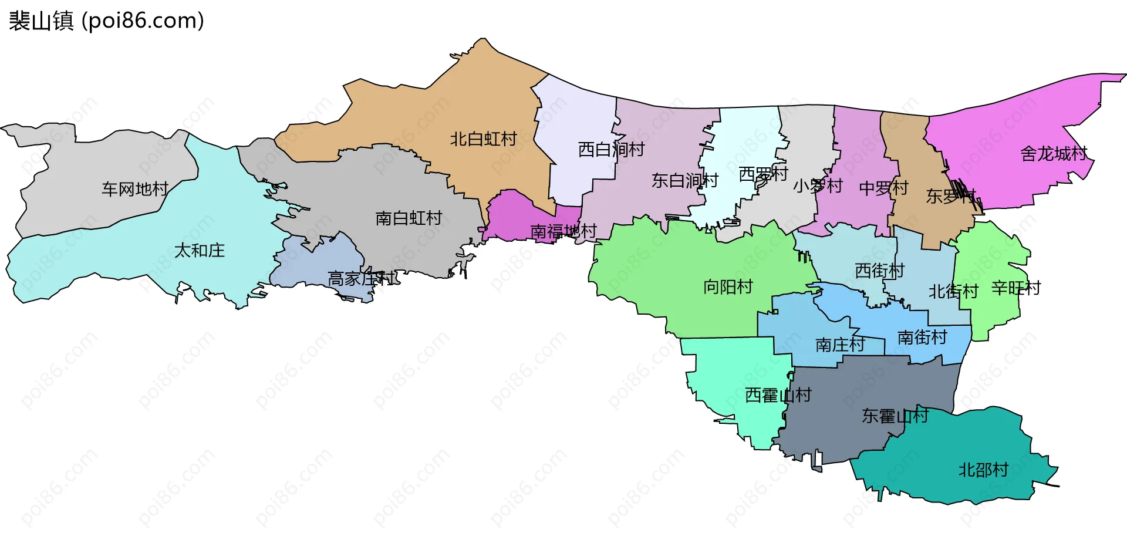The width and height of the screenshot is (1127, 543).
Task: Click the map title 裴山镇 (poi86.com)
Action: point(106,21)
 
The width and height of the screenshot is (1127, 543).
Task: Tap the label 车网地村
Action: point(135,189)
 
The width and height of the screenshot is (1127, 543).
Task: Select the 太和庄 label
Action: point(200,251)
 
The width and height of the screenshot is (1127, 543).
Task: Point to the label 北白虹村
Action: point(483,139)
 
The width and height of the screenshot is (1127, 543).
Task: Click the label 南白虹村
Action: point(409,218)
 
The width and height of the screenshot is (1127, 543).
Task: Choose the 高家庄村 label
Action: point(361,278)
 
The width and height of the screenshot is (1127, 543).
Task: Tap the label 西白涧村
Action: point(611,150)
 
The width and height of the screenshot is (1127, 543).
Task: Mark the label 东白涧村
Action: point(684,180)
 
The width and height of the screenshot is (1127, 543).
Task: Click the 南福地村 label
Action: point(563,231)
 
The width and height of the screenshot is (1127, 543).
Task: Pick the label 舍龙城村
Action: point(1054,154)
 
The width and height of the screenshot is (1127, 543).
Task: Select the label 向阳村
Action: point(728,286)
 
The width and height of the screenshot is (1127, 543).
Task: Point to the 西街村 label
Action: point(879,271)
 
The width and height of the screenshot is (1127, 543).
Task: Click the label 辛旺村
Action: point(1016,288)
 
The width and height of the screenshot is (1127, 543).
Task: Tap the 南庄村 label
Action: point(840,345)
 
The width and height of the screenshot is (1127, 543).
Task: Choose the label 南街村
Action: point(922,338)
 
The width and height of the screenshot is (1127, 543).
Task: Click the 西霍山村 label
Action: point(778,395)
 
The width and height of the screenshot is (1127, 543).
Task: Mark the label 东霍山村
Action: point(895,416)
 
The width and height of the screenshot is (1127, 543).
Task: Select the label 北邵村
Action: point(983,470)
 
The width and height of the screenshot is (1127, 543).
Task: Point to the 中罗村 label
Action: point(883,188)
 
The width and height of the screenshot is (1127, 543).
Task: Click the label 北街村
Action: point(953,291)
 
